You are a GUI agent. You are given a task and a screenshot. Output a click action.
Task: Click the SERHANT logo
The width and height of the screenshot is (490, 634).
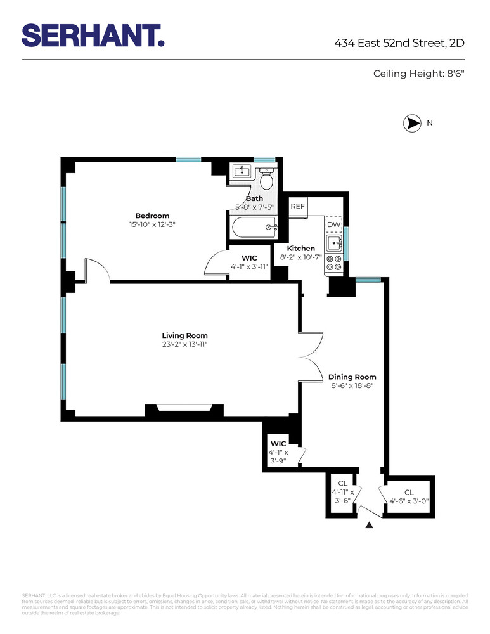click(93, 35)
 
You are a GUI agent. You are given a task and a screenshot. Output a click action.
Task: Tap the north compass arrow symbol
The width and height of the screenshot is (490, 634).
click(413, 124)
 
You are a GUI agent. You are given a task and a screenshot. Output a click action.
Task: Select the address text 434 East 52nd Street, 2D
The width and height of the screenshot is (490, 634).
click(400, 44)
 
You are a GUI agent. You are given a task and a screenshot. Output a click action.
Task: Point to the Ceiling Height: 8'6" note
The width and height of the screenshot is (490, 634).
click(419, 74)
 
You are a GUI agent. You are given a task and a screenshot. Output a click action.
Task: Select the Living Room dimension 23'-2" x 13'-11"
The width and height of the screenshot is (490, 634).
click(184, 344)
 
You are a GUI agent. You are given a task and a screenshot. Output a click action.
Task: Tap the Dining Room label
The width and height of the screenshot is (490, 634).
click(352, 377)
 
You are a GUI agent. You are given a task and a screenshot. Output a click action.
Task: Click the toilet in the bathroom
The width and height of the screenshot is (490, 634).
click(266, 179)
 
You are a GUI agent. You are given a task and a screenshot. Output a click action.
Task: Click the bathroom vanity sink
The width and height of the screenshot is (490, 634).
click(242, 171)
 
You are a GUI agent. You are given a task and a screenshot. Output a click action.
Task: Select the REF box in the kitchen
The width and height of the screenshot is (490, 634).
click(297, 207)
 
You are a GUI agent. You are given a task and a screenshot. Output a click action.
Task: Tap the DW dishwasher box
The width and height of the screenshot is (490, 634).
click(333, 224)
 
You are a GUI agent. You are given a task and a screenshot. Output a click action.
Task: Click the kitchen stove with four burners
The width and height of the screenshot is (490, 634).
click(333, 264)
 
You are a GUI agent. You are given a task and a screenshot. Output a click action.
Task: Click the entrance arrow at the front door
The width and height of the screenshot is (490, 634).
click(370, 525)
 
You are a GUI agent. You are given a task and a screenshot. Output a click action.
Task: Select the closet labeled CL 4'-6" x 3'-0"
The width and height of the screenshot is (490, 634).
click(409, 496)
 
